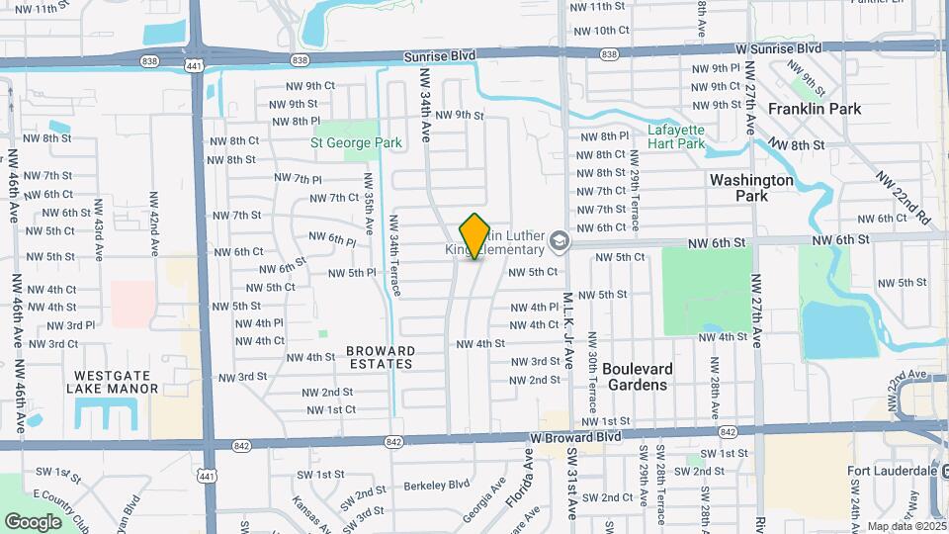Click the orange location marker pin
(475, 235)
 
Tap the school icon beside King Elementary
(560, 241)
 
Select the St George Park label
(356, 143)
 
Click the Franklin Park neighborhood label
(815, 109)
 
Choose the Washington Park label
(752, 188)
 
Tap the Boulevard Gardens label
(638, 377)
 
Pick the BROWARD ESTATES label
(381, 357)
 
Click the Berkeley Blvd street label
(437, 486)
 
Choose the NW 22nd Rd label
(903, 197)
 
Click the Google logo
(33, 521)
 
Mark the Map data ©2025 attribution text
(906, 526)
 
